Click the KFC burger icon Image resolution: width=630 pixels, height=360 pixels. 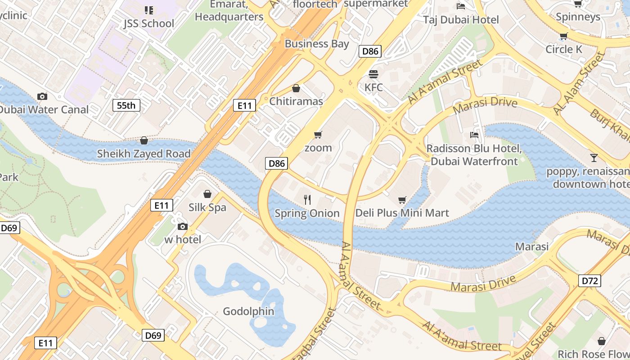(373, 74)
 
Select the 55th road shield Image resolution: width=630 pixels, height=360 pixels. (126, 106)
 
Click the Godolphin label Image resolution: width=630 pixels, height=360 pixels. (248, 311)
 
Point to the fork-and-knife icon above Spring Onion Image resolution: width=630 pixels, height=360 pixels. (307, 200)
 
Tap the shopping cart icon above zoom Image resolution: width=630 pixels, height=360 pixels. (318, 135)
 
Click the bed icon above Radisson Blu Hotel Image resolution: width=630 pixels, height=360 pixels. (474, 135)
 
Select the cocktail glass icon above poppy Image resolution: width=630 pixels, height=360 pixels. (594, 158)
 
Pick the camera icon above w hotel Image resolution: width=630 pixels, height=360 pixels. (182, 226)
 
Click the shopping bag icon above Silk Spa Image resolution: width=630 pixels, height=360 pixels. (207, 194)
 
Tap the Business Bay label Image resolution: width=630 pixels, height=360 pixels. (317, 44)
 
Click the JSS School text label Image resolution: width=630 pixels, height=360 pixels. (148, 23)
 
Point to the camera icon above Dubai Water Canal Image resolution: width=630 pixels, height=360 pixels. (42, 96)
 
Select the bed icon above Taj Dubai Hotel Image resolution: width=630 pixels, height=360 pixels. (461, 6)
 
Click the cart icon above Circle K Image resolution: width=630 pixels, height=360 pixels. (563, 36)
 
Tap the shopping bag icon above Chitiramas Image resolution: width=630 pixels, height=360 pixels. (296, 88)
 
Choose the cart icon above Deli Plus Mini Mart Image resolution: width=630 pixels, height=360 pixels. (402, 200)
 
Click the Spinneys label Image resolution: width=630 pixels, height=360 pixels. (578, 17)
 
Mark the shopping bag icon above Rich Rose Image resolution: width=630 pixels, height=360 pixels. (601, 341)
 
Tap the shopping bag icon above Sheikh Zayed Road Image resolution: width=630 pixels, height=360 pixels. (144, 141)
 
